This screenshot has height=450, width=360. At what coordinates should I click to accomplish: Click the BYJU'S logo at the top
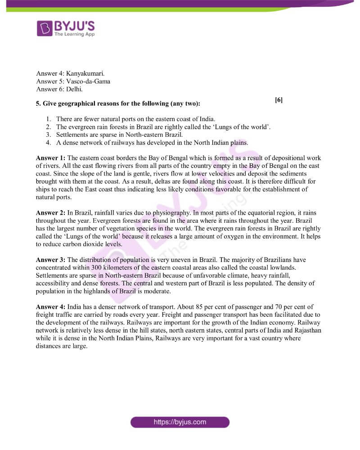tap(66, 28)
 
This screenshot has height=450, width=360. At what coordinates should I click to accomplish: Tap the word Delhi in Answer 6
tap(74, 90)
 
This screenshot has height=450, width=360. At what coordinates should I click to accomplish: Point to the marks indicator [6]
tap(279, 100)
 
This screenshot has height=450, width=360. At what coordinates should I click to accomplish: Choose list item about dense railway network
tap(152, 143)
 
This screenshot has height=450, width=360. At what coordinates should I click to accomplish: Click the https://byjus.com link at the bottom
tap(180, 422)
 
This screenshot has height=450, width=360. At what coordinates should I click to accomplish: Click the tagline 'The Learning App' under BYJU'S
tap(74, 34)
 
